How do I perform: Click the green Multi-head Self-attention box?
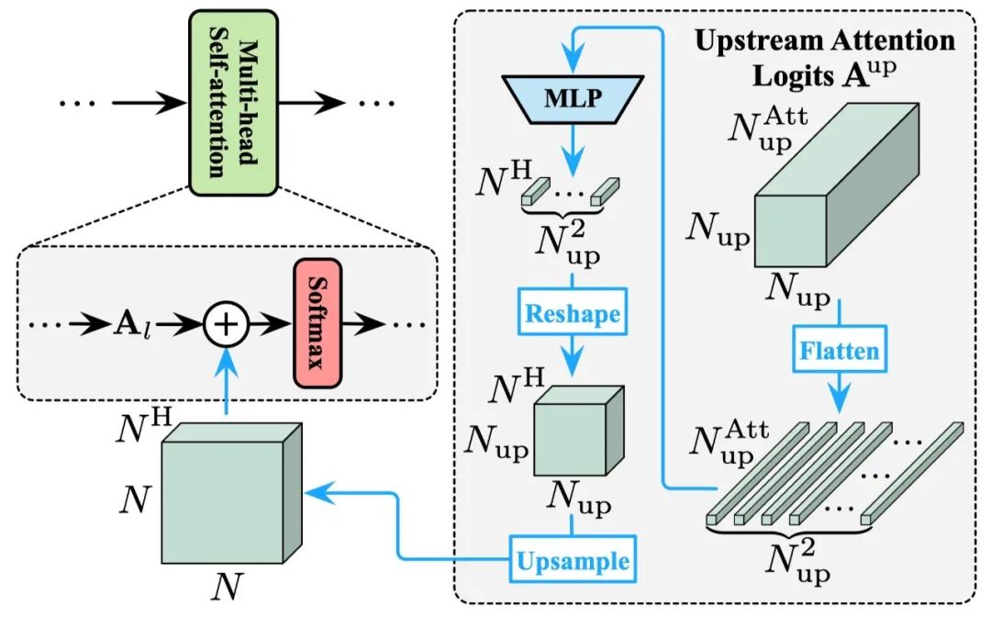[x=233, y=103]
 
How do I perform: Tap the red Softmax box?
[x=317, y=323]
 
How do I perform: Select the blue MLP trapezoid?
[x=573, y=98]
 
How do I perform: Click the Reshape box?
[x=573, y=311]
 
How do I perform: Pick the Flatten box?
[x=840, y=349]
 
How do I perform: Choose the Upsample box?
[x=573, y=559]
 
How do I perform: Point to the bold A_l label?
[x=133, y=325]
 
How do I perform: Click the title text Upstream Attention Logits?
[x=824, y=58]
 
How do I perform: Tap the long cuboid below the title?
[x=837, y=185]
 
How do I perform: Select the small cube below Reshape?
[x=579, y=431]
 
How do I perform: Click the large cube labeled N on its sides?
[x=232, y=493]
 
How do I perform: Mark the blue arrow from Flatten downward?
[x=840, y=393]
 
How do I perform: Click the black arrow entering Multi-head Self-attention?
[x=150, y=103]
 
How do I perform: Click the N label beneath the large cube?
[x=227, y=588]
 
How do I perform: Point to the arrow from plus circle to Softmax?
[x=271, y=324]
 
